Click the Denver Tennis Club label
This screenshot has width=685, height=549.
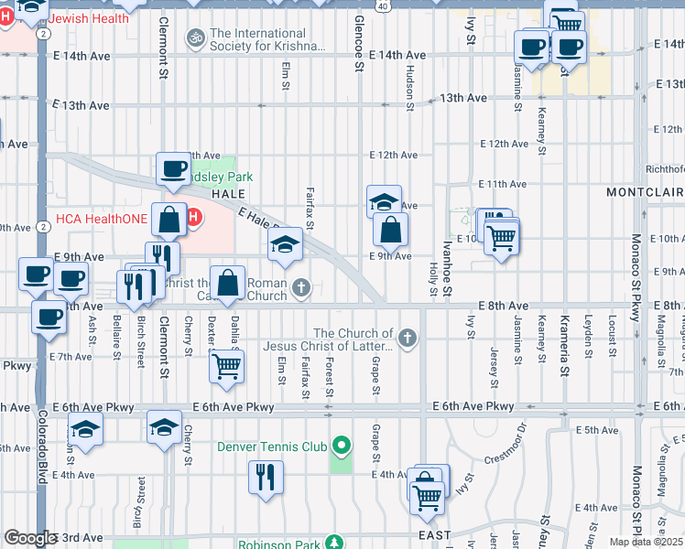pos(272,447)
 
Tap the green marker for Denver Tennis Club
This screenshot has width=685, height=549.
pos(342,447)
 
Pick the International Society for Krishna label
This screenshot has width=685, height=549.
pos(267,39)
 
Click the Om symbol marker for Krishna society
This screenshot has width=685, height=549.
pos(193,38)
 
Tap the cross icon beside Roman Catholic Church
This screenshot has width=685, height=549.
pos(301,290)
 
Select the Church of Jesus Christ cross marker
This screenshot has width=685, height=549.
pos(408,339)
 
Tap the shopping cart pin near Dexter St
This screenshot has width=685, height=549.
pos(226,367)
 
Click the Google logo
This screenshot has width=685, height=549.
pos(30,538)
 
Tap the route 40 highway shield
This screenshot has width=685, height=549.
pos(382,5)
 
